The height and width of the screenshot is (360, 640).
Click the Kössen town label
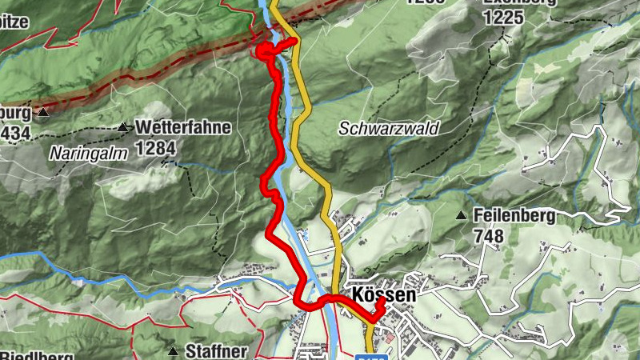(382, 295)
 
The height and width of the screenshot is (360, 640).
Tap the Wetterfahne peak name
(183, 127)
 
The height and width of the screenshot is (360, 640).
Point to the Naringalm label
(88, 154)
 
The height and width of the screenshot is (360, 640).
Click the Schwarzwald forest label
(389, 128)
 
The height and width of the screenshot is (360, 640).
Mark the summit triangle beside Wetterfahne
(122, 127)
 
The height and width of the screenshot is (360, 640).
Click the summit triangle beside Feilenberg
(461, 215)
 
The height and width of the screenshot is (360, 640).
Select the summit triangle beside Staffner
(172, 351)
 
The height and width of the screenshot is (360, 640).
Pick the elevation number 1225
(508, 18)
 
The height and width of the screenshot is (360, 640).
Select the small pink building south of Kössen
(389, 339)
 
